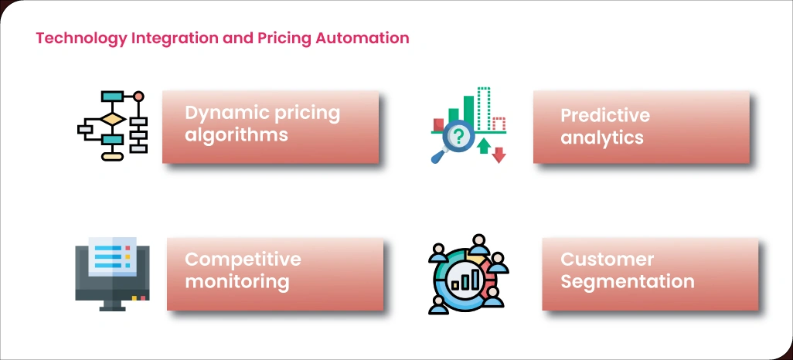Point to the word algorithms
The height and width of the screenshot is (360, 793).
tap(237, 135)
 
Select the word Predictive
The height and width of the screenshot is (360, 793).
tap(605, 116)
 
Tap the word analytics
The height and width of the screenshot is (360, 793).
tap(602, 138)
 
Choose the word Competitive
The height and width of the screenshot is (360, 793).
tap(243, 259)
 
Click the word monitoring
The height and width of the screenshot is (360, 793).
tap(237, 281)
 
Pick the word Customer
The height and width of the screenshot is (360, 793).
tap(608, 259)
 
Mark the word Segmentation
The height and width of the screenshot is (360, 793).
tap(628, 281)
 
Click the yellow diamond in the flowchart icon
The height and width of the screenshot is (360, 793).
tap(113, 120)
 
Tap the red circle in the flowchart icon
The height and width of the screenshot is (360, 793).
tap(139, 97)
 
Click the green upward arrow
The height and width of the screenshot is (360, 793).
tap(484, 144)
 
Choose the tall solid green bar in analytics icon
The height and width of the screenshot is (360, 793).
tap(468, 113)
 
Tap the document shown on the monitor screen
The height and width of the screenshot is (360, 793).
tap(112, 256)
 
